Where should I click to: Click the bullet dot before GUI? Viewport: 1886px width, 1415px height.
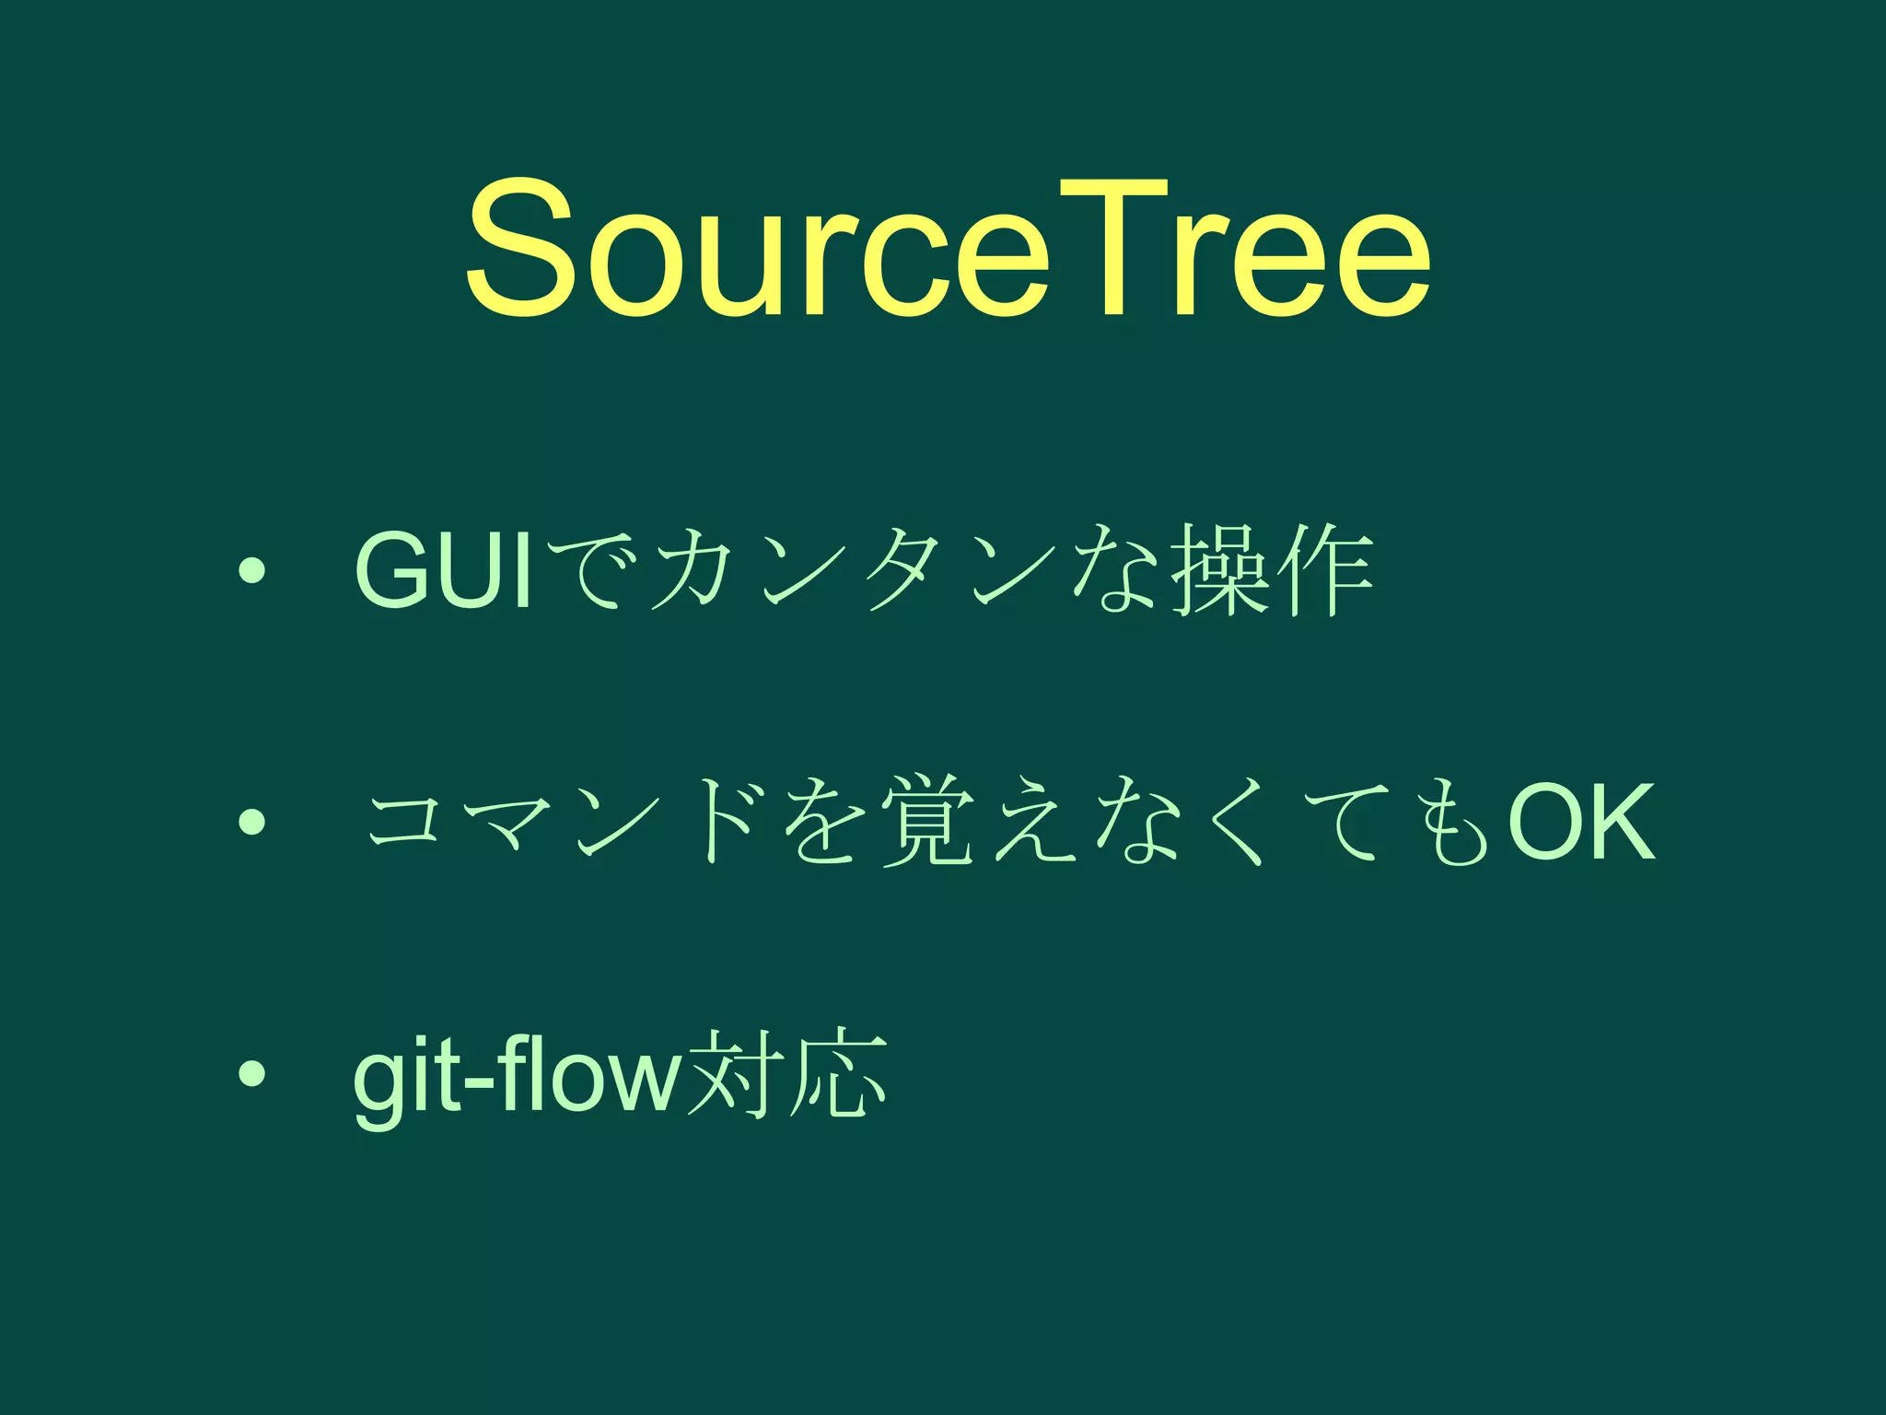point(250,572)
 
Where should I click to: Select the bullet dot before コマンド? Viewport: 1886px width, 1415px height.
point(250,821)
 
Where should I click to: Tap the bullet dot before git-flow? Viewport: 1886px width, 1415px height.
point(250,1072)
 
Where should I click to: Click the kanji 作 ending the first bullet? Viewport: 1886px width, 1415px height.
point(1326,571)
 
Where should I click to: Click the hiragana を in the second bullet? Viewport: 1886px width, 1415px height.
point(822,822)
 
